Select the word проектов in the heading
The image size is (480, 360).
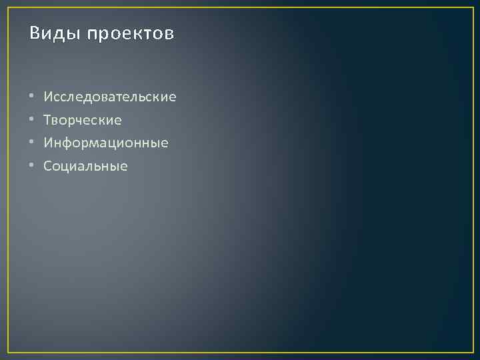pos(131,35)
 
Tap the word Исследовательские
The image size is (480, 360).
pos(110,97)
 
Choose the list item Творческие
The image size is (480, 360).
pos(83,121)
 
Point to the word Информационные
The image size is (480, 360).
pos(106,143)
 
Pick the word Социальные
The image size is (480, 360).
pos(85,166)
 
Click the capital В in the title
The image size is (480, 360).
pos(35,33)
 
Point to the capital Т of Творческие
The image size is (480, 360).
pos(47,120)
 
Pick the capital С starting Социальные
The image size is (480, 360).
pos(47,166)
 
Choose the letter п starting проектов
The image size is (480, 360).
pos(91,35)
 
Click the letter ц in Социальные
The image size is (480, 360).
pos(66,167)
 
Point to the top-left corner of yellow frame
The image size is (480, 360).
pos(8,7)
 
